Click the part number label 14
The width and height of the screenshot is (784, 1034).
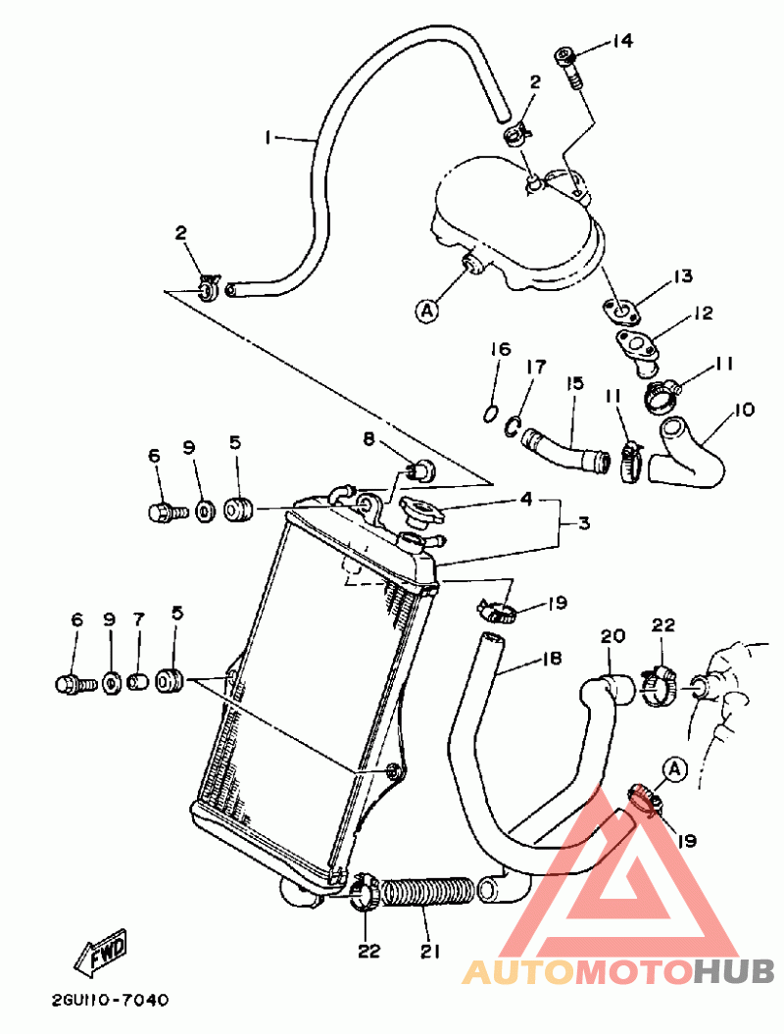pyautogui.click(x=621, y=41)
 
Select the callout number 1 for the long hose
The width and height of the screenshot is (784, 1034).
pyautogui.click(x=268, y=138)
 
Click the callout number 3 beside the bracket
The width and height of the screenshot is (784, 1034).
pyautogui.click(x=583, y=524)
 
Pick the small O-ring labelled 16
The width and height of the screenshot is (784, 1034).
pyautogui.click(x=489, y=415)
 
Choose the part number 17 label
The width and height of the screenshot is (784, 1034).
pyautogui.click(x=536, y=367)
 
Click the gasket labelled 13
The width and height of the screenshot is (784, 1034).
pyautogui.click(x=621, y=312)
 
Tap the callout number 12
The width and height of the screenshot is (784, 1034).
pyautogui.click(x=704, y=313)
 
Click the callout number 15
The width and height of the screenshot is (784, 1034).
pyautogui.click(x=574, y=383)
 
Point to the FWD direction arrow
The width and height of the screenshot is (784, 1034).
pyautogui.click(x=100, y=951)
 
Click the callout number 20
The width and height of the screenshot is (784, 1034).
pyautogui.click(x=612, y=636)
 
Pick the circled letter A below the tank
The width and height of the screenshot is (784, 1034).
pyautogui.click(x=428, y=310)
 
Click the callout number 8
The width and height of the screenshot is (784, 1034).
pyautogui.click(x=368, y=438)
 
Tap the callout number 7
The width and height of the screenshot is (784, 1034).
pyautogui.click(x=138, y=619)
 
